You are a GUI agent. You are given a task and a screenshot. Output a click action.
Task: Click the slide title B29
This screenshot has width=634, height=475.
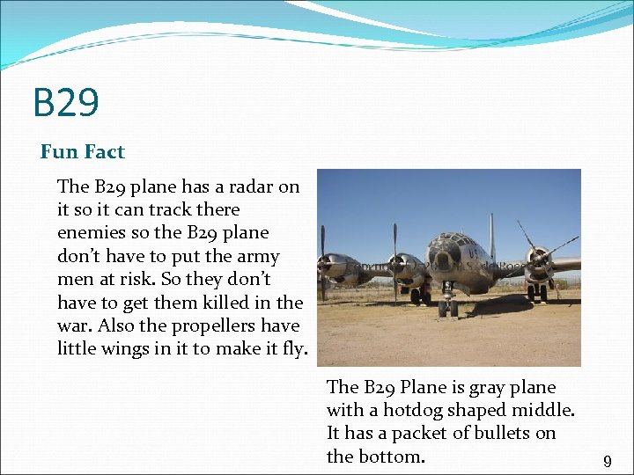pyautogui.click(x=66, y=102)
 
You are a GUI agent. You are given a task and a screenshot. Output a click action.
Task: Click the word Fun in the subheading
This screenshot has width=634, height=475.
pyautogui.click(x=59, y=151)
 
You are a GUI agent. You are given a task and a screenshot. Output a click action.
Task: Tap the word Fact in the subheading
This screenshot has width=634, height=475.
pyautogui.click(x=105, y=151)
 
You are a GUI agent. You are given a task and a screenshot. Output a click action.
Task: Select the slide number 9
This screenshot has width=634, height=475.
pyautogui.click(x=607, y=461)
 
